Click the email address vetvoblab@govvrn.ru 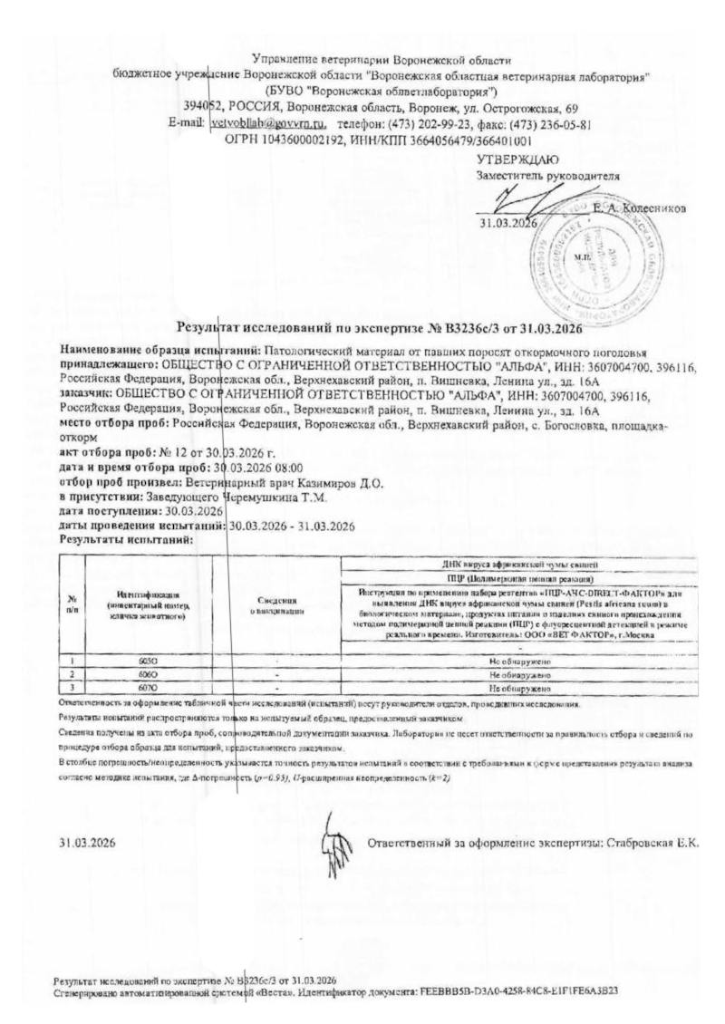coord(267,123)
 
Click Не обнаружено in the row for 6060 coord(519,676)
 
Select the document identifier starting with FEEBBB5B coord(517,990)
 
